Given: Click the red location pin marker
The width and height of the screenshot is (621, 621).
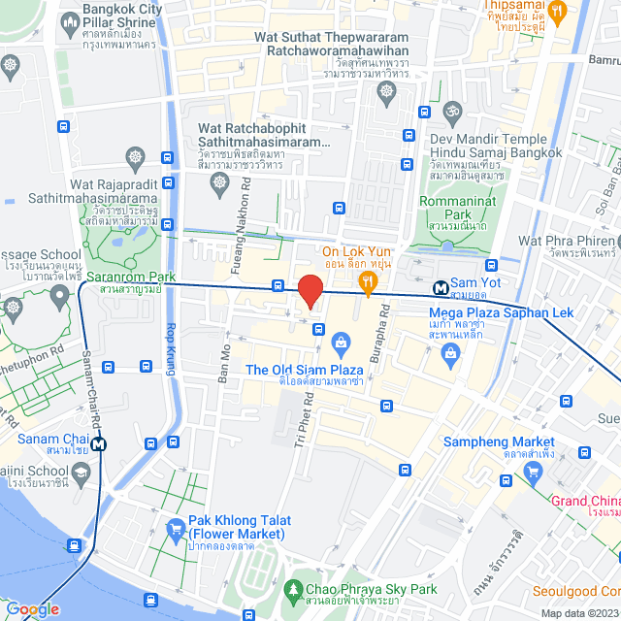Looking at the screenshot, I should (x=310, y=291).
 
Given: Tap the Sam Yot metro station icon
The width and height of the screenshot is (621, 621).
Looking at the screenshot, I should (x=441, y=288).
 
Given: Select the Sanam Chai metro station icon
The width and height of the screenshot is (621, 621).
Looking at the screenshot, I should (x=99, y=444).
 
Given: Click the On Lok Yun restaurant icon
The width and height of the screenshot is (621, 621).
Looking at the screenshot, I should (x=368, y=283).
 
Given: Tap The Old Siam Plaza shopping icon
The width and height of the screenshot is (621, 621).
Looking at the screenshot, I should (x=341, y=342).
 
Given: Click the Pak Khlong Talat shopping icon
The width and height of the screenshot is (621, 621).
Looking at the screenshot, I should (x=176, y=530).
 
